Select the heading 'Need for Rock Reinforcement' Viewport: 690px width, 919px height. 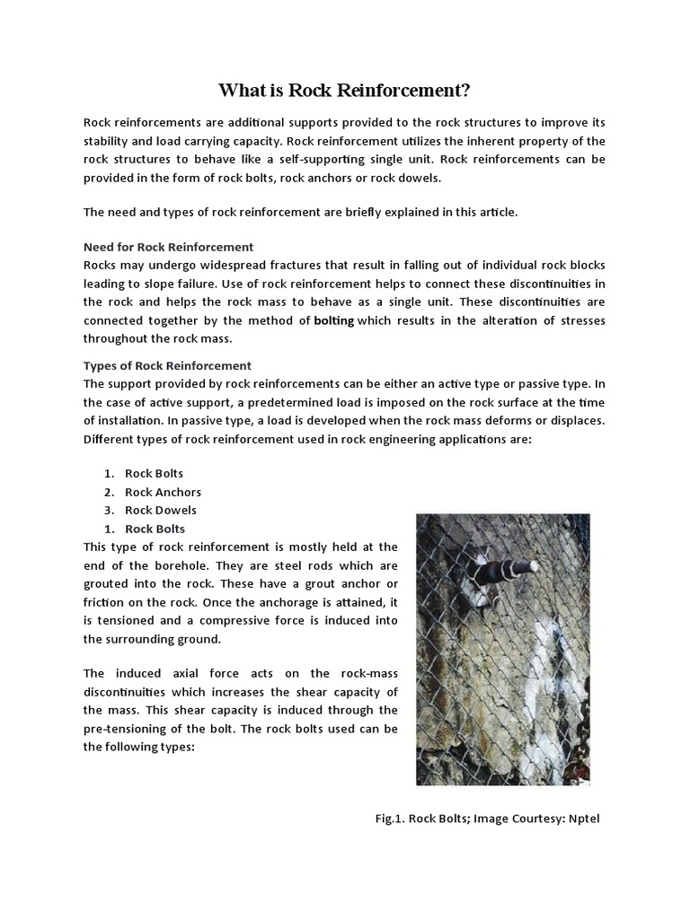(x=168, y=246)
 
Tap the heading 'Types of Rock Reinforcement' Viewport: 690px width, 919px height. (x=167, y=365)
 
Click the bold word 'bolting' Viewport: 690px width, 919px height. (x=333, y=320)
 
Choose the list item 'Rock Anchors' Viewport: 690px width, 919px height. (x=163, y=492)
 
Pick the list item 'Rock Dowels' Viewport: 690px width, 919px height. (x=162, y=510)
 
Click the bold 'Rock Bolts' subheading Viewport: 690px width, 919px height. (x=155, y=529)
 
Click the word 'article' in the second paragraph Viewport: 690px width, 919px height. (x=497, y=212)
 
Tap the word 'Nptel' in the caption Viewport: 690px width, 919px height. (x=579, y=818)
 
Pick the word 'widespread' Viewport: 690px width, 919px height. (x=239, y=266)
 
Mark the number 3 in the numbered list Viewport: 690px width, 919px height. (x=107, y=510)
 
